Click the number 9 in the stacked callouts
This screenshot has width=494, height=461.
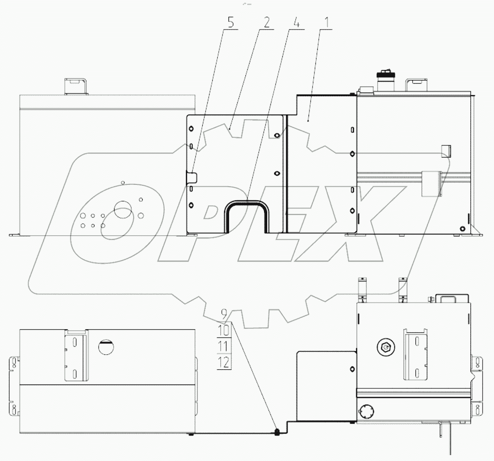(224, 313)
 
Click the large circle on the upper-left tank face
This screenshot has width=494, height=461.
(122, 209)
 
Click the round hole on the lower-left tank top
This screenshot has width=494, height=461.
(106, 347)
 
